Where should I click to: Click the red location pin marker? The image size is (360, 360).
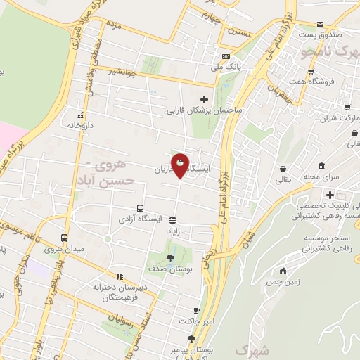pos(180,166)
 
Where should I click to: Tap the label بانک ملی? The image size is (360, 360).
pos(226,67)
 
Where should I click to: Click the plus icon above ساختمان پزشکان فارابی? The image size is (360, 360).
pos(205,99)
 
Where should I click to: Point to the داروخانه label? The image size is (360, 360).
pos(81,124)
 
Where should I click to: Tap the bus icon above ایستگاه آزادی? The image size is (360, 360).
pos(141,208)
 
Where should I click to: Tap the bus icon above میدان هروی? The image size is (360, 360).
pos(65,238)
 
